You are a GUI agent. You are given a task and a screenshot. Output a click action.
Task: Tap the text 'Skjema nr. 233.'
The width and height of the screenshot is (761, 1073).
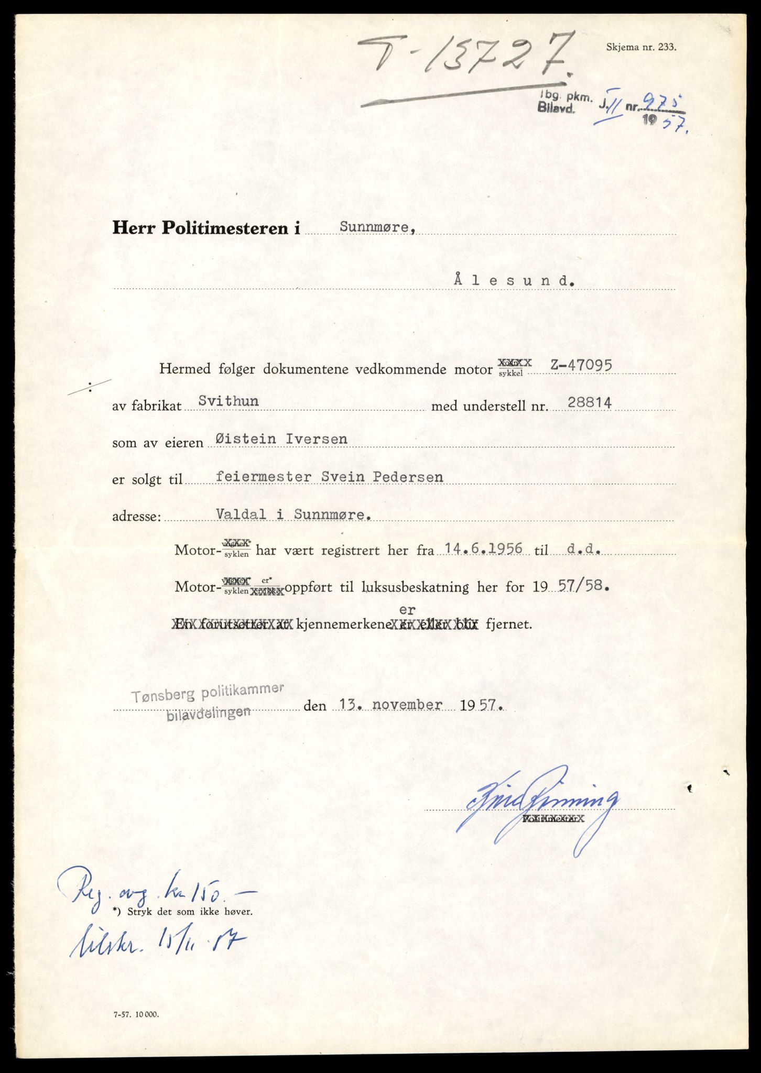(641, 47)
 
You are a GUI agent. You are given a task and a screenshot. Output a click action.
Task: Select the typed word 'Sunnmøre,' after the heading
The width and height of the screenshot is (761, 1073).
(378, 227)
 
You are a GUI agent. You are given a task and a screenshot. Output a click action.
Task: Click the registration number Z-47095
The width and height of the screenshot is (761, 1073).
(581, 365)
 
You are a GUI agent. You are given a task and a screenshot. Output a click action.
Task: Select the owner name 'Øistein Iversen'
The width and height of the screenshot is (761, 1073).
(278, 439)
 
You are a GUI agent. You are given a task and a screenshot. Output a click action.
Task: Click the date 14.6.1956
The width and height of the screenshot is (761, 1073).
(483, 549)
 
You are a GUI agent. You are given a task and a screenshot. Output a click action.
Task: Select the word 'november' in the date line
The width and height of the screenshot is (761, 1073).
(407, 705)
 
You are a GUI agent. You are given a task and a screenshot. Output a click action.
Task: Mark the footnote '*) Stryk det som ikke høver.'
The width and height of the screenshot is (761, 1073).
(182, 912)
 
